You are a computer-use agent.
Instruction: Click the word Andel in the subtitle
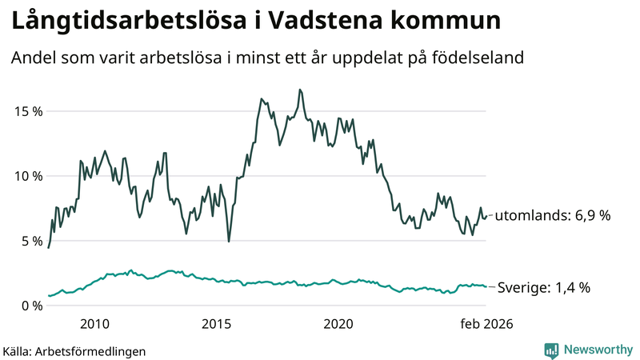coord(33,58)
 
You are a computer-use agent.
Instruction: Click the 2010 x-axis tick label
coord(94,324)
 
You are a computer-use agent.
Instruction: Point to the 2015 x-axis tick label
coord(216,324)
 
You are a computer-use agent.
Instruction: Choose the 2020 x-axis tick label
coord(338,324)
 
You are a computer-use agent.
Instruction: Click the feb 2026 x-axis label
coord(484,324)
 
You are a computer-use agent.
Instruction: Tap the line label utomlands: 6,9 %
coord(553,216)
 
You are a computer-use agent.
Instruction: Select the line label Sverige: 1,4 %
coord(544,287)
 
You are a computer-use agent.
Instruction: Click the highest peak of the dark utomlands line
coord(299,90)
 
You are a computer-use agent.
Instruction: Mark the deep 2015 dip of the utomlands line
coord(229,241)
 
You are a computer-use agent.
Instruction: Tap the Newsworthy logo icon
coord(551,350)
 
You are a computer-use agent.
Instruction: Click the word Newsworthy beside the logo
coord(597,350)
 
